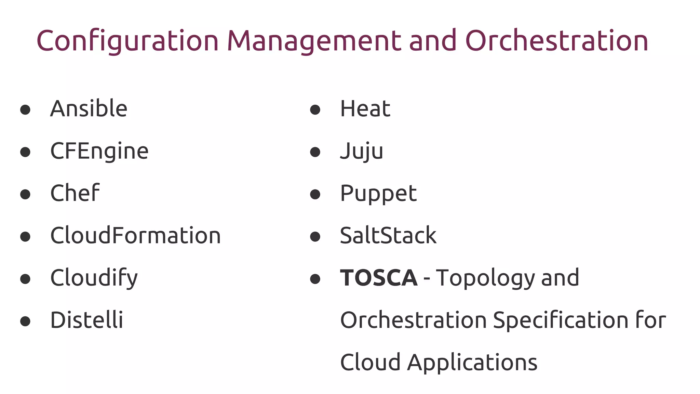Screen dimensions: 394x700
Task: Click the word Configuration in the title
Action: (127, 41)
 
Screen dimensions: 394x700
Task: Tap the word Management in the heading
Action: (314, 41)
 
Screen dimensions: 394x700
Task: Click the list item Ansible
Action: (89, 109)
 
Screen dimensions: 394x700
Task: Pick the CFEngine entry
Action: (99, 151)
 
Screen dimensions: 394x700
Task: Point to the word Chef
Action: (75, 193)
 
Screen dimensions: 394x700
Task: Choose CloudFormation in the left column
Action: (135, 236)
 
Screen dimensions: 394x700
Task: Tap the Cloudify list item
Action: (94, 278)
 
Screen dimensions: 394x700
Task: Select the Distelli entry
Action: (86, 320)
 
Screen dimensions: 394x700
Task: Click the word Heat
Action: (365, 109)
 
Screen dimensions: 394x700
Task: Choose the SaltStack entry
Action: (388, 236)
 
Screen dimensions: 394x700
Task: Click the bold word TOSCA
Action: (379, 278)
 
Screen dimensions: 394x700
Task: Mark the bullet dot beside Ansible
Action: (25, 110)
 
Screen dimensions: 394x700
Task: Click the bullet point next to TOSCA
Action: (315, 279)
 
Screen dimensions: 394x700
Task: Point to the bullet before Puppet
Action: (315, 195)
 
